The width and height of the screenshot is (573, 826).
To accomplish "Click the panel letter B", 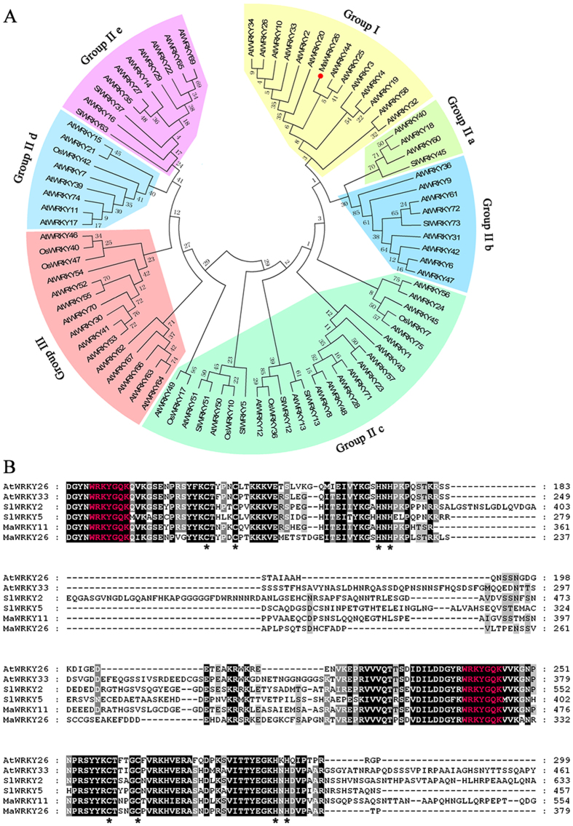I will tap(10, 464).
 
